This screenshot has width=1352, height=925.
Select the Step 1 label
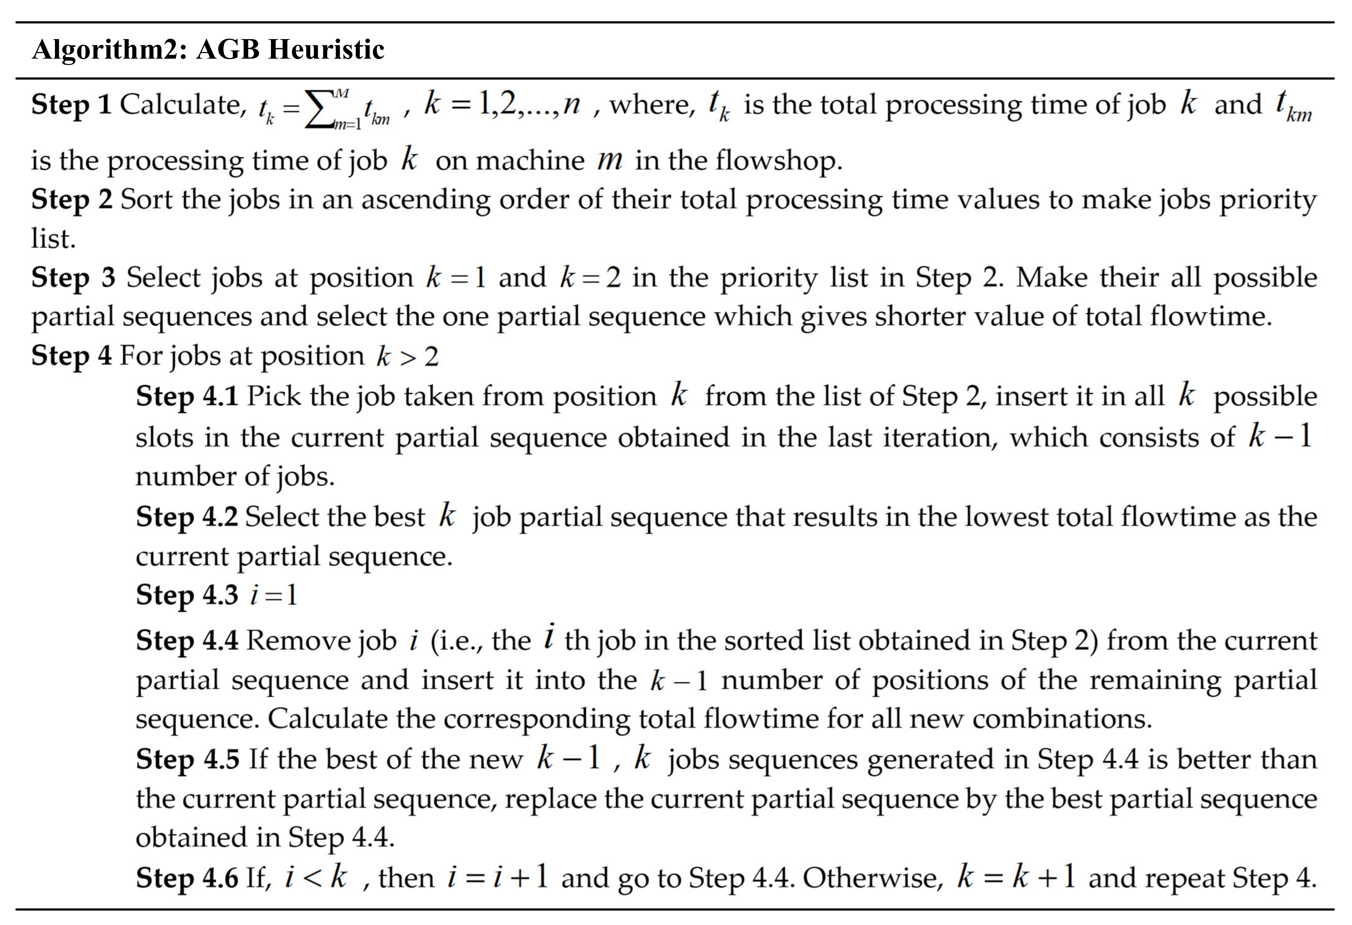coord(71,105)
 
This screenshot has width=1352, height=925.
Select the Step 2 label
coord(72,200)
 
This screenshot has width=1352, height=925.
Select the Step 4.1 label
coord(187,397)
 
